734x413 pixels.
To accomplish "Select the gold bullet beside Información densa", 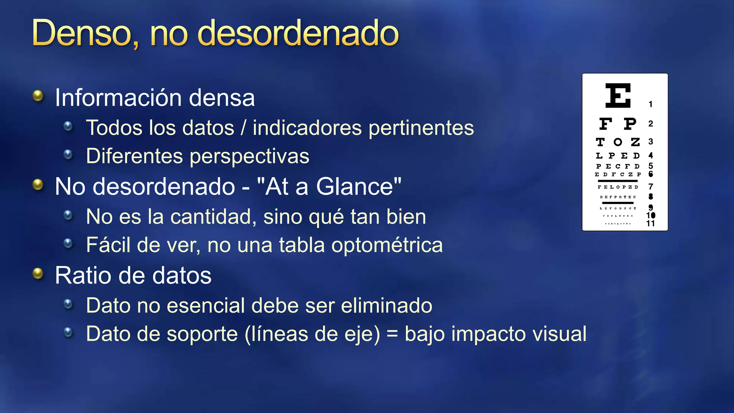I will click(38, 96).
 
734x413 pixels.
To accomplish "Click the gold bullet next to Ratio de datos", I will click(38, 274).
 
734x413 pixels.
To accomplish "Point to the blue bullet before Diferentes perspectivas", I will click(68, 155).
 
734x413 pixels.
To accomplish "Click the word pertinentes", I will click(421, 128).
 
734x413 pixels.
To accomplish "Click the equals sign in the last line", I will click(392, 334).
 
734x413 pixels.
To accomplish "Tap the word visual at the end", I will click(559, 334).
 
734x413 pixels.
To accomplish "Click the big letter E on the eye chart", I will click(618, 95).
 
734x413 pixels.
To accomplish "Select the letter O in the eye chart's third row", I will click(618, 142).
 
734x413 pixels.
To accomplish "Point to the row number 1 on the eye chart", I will click(650, 104).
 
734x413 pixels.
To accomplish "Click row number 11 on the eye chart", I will click(650, 224).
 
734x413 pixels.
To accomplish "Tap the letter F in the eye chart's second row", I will click(606, 124).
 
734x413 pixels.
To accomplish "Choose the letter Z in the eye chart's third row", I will click(635, 142).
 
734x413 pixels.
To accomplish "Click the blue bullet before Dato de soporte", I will click(68, 333).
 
